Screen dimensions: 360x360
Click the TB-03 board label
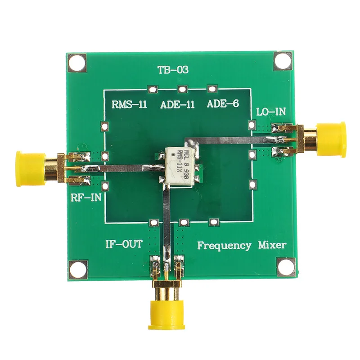point(173,70)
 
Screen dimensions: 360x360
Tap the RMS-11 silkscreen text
point(129,105)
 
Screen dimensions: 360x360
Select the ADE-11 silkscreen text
point(177,105)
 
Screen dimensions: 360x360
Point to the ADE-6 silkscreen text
point(223,103)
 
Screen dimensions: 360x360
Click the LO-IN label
point(271,112)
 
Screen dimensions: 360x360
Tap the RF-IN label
point(86,197)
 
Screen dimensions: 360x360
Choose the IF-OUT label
point(124,244)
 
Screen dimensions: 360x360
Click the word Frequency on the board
point(224,246)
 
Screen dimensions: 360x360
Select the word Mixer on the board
point(272,245)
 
